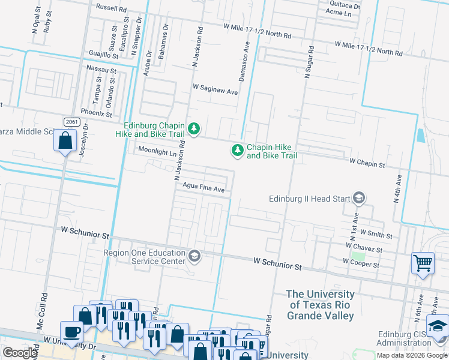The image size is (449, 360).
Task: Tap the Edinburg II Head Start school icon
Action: click(x=359, y=198)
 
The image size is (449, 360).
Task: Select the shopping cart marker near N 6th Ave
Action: click(x=423, y=262)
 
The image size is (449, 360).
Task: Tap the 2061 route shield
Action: click(x=71, y=122)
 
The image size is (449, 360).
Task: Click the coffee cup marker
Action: click(x=72, y=331)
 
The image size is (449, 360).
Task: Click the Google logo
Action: click(x=20, y=353)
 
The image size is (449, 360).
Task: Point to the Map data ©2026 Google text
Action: click(x=412, y=355)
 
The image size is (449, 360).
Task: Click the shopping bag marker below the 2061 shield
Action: click(x=64, y=141)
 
